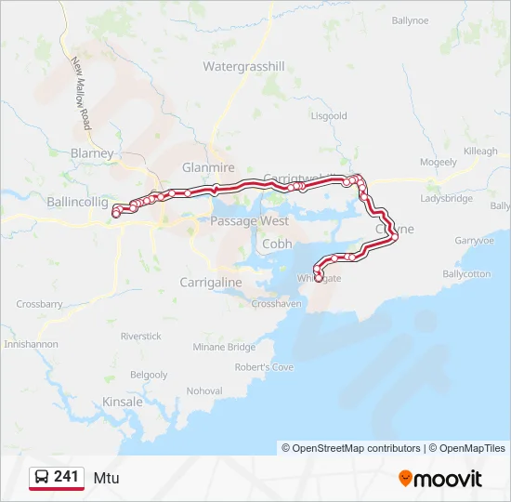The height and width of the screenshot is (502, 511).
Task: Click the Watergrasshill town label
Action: coord(243,67)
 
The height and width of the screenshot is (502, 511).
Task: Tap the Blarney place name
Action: coord(92,153)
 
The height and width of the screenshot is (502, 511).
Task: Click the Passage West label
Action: coord(249,221)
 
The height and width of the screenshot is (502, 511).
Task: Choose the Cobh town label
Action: coord(277,244)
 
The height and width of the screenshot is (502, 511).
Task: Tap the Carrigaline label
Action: coord(211,282)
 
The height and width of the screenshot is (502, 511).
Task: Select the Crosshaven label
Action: coord(276,304)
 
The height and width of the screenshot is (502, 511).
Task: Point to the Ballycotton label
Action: coord(465,274)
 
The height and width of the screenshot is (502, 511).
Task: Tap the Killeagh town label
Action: coord(481,151)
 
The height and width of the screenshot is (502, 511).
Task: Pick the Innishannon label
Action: coord(31,344)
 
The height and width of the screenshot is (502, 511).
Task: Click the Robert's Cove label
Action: coord(264,367)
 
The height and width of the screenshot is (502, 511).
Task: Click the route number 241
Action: coord(66,477)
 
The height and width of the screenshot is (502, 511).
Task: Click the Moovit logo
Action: coord(440,479)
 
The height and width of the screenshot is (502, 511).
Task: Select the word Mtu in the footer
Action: coord(106,478)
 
